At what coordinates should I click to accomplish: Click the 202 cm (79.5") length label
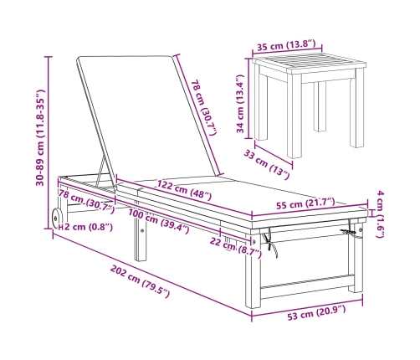pyautogui.click(x=140, y=281)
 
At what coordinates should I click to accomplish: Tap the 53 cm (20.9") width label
pyautogui.click(x=316, y=312)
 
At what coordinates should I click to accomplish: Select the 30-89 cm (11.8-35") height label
pyautogui.click(x=40, y=137)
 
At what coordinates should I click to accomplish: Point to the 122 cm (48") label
pyautogui.click(x=184, y=190)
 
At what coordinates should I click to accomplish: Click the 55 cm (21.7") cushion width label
pyautogui.click(x=305, y=203)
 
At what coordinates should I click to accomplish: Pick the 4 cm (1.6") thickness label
pyautogui.click(x=381, y=214)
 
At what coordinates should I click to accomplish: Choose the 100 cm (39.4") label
pyautogui.click(x=159, y=221)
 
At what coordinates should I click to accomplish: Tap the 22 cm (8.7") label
pyautogui.click(x=236, y=247)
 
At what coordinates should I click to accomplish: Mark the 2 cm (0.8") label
pyautogui.click(x=89, y=227)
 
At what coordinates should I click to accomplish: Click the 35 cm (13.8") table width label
pyautogui.click(x=286, y=45)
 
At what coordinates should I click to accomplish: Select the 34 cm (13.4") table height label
pyautogui.click(x=240, y=104)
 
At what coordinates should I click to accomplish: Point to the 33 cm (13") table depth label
pyautogui.click(x=267, y=164)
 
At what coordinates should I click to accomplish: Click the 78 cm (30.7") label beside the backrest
pyautogui.click(x=204, y=108)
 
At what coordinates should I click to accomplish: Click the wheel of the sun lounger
pyautogui.click(x=57, y=218)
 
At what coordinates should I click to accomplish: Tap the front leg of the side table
pyautogui.click(x=294, y=116)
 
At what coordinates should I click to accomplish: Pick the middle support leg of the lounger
pyautogui.click(x=141, y=239)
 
